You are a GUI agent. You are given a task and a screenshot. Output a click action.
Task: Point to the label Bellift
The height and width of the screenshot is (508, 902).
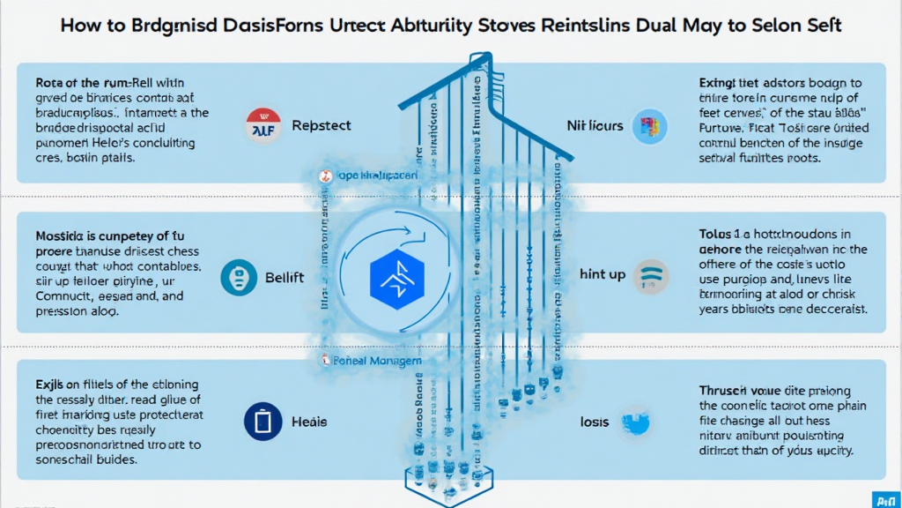[285, 277]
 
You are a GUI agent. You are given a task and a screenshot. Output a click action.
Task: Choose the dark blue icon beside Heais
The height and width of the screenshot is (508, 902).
[260, 422]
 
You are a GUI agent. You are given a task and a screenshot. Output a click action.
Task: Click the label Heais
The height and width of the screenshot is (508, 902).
[310, 422]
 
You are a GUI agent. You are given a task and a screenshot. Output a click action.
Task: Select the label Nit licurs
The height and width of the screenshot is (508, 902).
[595, 126]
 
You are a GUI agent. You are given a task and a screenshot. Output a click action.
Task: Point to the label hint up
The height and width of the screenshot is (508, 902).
[603, 275]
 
